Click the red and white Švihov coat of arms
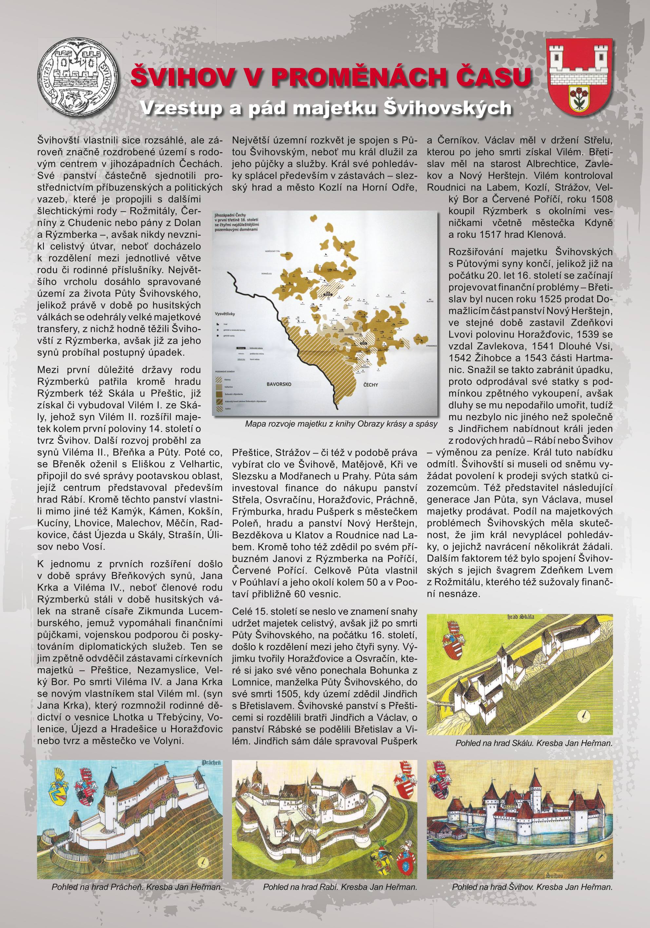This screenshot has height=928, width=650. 580,75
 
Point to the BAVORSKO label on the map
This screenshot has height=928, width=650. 279,384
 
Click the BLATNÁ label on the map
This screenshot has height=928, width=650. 430,301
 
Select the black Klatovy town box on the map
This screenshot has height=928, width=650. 328,295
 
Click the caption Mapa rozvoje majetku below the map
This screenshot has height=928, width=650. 341,424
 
